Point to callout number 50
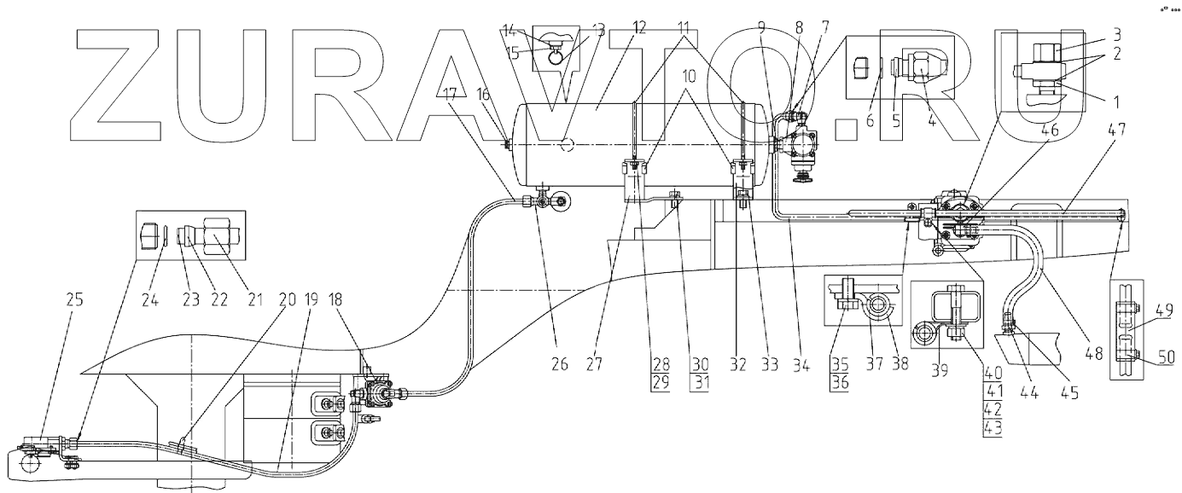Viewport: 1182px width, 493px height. [1163, 359]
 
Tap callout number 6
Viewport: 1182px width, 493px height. [870, 120]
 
